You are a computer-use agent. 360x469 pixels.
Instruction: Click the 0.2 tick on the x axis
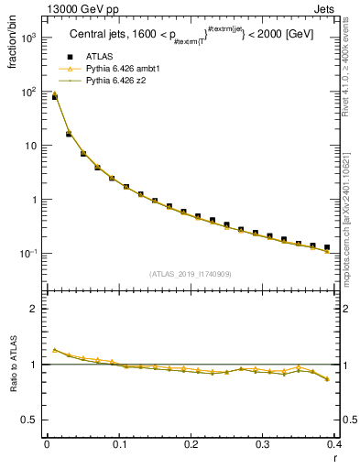(191, 444)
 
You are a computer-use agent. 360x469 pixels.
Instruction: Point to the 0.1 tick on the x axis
(119, 444)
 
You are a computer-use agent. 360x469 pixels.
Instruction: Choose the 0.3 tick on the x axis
(263, 444)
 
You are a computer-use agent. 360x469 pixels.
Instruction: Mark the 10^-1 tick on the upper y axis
(32, 253)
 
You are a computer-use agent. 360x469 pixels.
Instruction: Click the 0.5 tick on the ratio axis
(32, 420)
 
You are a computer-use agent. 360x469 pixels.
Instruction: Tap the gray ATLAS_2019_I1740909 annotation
(189, 274)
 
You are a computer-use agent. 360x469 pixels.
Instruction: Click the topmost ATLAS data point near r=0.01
(54, 96)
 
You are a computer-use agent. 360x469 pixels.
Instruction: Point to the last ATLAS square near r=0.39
(327, 247)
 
